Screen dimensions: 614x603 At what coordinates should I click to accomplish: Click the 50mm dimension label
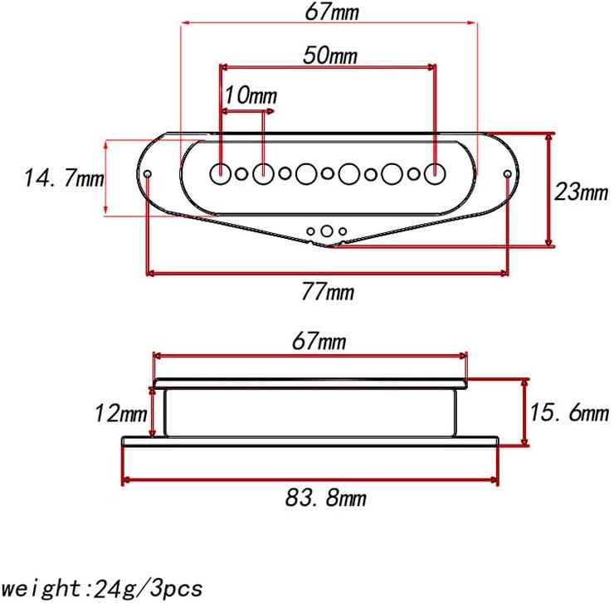point(330,56)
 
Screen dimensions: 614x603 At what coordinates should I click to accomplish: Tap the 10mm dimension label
point(251,95)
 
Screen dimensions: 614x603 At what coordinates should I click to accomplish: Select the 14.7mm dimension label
point(64,177)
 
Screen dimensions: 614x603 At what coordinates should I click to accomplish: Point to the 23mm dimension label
point(581,192)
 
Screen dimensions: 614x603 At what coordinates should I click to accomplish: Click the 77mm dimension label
point(328,292)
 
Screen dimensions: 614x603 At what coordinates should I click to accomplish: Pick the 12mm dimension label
point(120,413)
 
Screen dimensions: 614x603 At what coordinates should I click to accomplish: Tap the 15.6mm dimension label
point(569,412)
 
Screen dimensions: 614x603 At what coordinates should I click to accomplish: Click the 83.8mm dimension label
point(326,498)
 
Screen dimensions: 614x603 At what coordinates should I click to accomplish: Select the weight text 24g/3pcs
point(148,588)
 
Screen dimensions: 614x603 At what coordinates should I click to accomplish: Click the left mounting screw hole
point(148,174)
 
